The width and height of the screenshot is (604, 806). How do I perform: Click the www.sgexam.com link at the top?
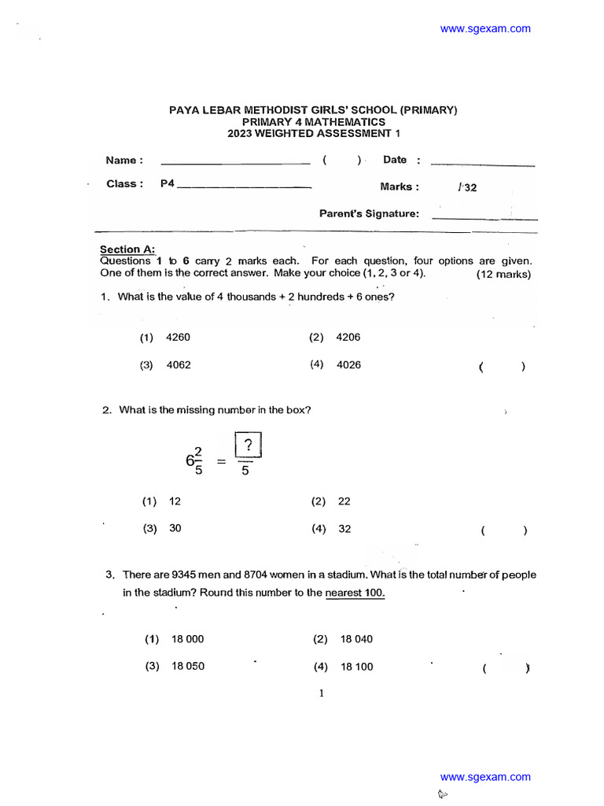(x=485, y=29)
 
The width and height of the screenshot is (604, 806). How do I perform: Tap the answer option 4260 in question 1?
(x=178, y=338)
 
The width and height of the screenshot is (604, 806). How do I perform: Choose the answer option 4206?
(x=348, y=338)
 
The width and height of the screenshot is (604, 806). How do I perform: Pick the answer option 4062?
(x=178, y=365)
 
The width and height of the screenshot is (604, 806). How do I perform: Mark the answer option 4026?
(x=348, y=365)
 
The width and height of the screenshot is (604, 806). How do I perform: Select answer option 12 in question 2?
(x=175, y=501)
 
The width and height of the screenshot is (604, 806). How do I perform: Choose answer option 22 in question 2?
(x=344, y=501)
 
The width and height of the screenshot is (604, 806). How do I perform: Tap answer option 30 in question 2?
(x=175, y=529)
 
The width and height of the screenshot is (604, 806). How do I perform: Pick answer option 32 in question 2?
(x=344, y=529)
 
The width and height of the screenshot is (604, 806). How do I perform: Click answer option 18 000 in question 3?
(x=187, y=639)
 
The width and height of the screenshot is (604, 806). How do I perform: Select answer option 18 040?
(x=356, y=639)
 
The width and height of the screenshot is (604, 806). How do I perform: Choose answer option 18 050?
(x=187, y=667)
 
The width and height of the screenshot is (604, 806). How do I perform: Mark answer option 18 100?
(x=356, y=667)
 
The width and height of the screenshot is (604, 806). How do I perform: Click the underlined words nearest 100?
(x=355, y=593)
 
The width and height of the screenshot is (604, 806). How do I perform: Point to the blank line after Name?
(x=235, y=163)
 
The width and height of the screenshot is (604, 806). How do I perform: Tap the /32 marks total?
(x=466, y=187)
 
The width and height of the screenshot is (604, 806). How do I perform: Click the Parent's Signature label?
(x=369, y=214)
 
